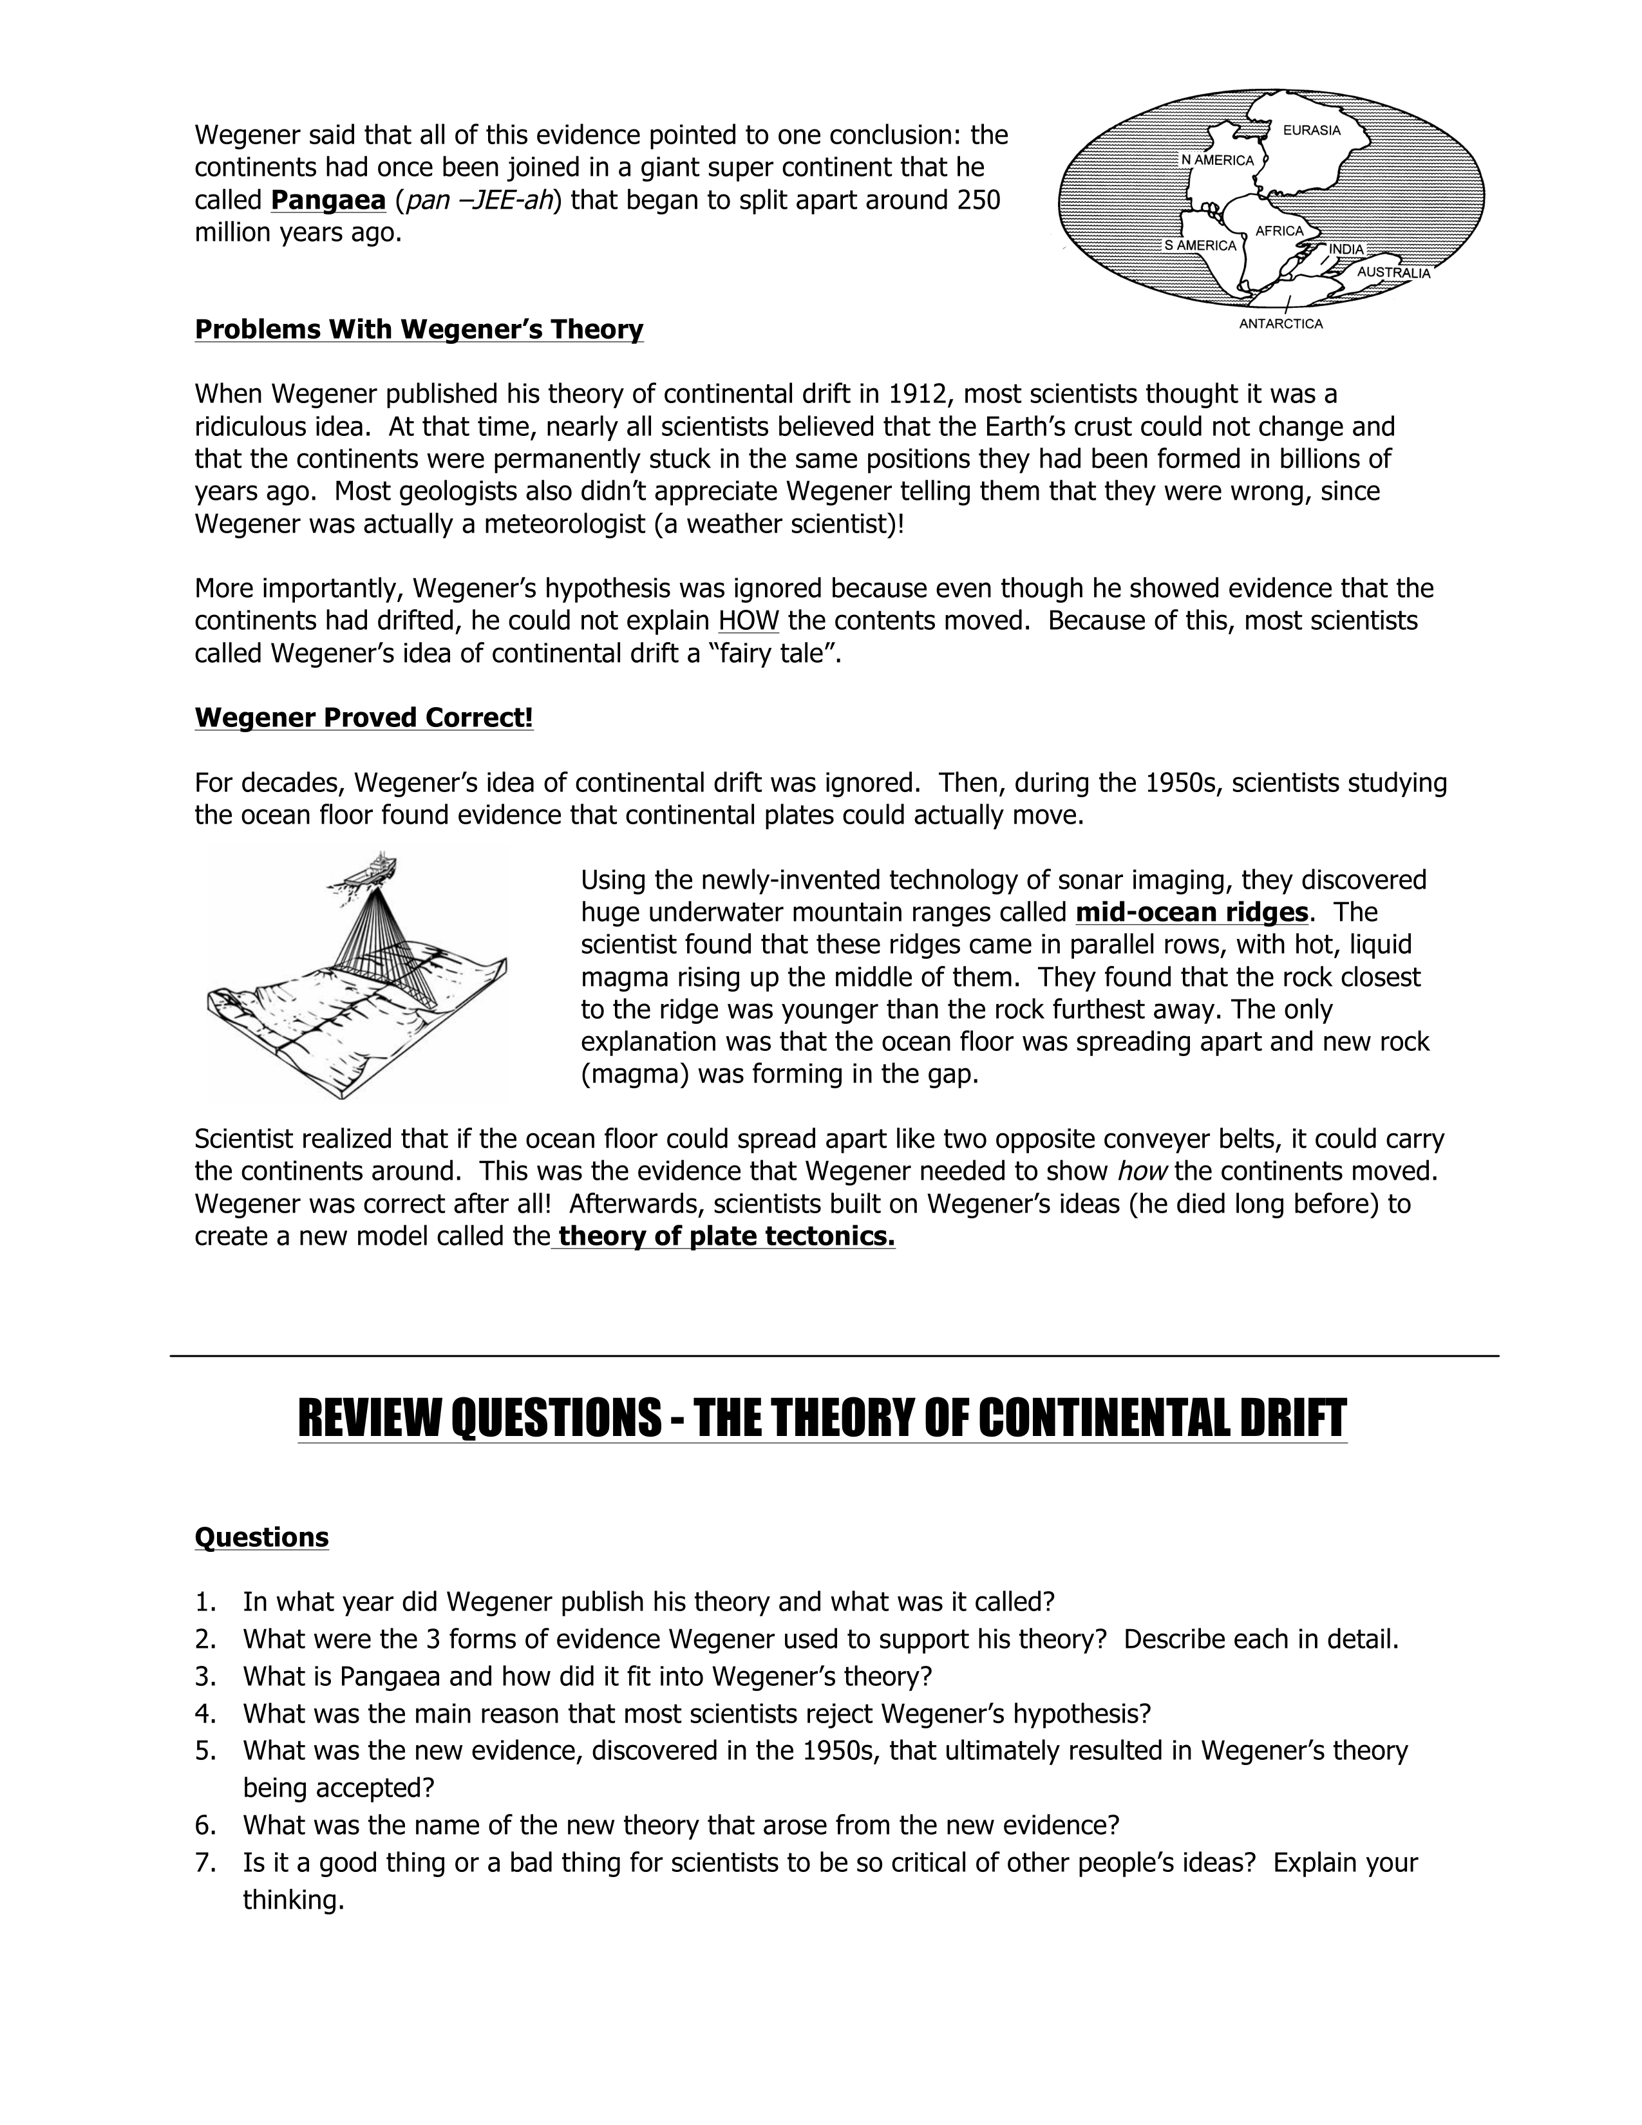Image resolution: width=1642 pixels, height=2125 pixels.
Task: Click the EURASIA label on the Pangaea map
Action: (1311, 130)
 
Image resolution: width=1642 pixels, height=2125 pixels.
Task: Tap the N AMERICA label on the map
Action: (1217, 160)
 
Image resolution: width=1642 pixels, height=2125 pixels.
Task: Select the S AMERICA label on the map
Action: (1200, 245)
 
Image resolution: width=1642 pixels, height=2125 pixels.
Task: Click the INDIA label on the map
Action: (1346, 249)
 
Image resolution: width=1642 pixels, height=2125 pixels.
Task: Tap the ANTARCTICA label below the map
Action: (1280, 324)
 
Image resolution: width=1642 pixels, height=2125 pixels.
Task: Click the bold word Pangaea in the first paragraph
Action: (328, 200)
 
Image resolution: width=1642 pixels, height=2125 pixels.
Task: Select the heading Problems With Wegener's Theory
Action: (419, 330)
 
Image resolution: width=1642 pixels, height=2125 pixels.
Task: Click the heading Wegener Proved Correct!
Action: (364, 718)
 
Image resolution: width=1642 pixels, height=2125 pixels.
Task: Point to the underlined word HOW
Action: (748, 621)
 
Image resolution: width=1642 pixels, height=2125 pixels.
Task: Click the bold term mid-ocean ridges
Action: (1192, 912)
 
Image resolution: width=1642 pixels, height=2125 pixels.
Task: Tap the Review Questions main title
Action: (822, 1418)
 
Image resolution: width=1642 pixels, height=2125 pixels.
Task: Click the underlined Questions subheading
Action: (261, 1537)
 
